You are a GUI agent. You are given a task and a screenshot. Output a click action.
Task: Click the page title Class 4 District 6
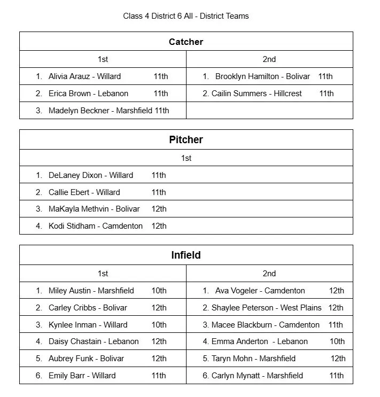coord(185,15)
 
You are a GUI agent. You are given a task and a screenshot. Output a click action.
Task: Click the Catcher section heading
coord(186,42)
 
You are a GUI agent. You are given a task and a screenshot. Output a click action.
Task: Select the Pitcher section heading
coord(186,140)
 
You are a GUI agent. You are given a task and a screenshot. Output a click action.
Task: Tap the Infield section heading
coord(186,255)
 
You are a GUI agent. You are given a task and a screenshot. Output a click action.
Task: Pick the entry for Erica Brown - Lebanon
coord(88,94)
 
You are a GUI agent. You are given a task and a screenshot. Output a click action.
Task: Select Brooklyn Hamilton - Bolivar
coord(262,76)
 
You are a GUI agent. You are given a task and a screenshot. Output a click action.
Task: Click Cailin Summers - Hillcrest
coord(257,94)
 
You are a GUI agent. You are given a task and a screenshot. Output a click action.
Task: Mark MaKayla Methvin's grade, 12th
coord(159,209)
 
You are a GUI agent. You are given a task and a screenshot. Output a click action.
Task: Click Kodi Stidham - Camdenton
coord(95,226)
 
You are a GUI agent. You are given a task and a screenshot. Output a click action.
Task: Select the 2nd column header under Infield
coord(269,274)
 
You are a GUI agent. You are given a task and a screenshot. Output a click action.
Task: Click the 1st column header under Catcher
coord(103,59)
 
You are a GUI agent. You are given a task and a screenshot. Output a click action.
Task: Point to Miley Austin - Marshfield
coord(91,291)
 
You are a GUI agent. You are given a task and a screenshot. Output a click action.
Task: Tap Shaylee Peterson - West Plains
coord(266,308)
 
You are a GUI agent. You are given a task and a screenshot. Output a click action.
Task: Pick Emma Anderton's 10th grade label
coord(337,341)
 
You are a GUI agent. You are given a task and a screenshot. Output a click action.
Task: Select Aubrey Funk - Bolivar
coord(86,359)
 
